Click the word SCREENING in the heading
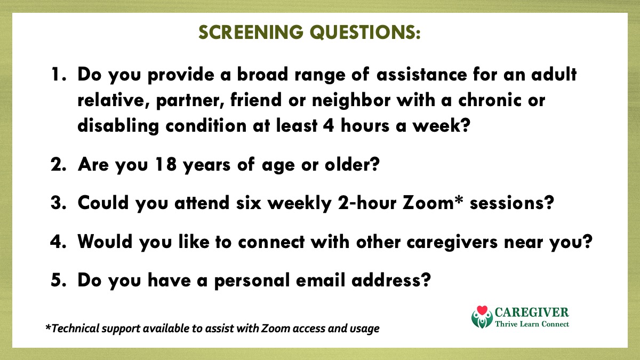pos(251,32)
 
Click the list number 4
pos(57,242)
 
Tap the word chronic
pos(490,100)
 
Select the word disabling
pos(118,126)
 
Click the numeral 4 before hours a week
pos(329,126)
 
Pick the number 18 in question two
pos(166,164)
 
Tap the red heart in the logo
pos(482,310)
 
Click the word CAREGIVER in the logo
pos(532,313)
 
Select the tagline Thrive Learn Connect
pos(532,324)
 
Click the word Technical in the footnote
pos(75,329)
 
